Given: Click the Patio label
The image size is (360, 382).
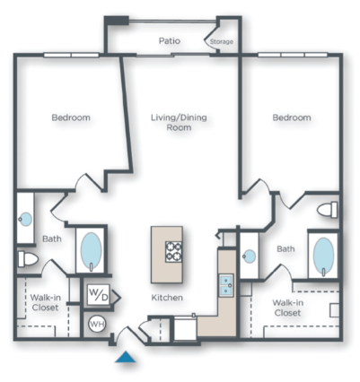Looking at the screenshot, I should click(171, 40).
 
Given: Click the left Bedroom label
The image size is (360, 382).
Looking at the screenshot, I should click(71, 117).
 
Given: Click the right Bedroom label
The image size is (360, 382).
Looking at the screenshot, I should click(292, 117).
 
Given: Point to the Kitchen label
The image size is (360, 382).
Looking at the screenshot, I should click(167, 297).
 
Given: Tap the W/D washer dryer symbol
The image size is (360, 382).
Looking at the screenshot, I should click(96, 294).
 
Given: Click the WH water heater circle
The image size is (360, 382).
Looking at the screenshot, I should click(96, 325).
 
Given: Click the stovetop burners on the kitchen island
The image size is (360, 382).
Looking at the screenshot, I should click(173, 248).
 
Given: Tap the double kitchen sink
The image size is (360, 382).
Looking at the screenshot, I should click(225, 284).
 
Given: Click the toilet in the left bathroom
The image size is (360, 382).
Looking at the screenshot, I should click(28, 260).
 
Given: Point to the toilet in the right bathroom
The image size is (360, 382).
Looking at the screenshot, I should click(329, 210).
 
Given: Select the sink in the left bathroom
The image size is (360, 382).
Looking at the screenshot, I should click(26, 218).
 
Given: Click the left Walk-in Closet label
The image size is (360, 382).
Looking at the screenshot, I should click(45, 302).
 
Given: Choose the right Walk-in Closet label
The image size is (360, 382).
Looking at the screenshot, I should click(287, 308).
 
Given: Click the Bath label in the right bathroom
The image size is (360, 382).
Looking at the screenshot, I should click(286, 249).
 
